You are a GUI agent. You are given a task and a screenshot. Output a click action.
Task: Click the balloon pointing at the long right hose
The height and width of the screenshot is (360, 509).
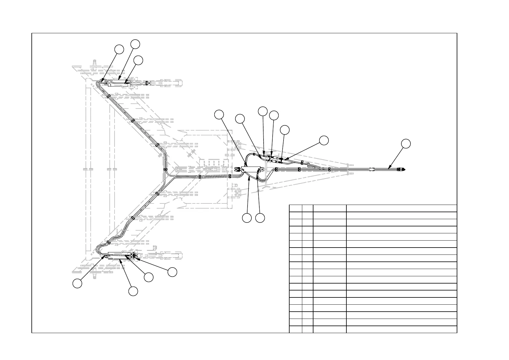(406, 144)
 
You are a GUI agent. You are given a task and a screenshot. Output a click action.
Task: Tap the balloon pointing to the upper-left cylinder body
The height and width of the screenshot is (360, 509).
(135, 44)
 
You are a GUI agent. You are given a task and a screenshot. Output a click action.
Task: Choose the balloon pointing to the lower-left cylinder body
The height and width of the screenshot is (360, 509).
(133, 291)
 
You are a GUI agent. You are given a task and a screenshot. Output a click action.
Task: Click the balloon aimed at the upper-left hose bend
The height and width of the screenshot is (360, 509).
(119, 50)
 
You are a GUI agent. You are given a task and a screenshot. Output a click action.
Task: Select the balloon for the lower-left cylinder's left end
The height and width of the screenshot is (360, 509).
(77, 284)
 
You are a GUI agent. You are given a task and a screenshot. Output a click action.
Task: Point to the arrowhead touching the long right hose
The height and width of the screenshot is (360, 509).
(389, 167)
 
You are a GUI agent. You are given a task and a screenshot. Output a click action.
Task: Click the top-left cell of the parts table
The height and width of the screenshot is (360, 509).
(295, 208)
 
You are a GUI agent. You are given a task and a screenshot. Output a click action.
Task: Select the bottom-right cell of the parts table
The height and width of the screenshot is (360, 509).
(401, 329)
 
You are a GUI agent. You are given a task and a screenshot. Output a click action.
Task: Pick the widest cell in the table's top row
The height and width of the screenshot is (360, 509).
(401, 208)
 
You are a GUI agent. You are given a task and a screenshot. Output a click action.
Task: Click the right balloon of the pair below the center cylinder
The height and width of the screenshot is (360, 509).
(260, 218)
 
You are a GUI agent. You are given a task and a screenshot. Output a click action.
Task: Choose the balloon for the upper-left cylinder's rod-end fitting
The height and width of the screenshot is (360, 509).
(138, 60)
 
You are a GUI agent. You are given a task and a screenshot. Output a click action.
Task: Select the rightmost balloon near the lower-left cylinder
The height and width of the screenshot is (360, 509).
(172, 271)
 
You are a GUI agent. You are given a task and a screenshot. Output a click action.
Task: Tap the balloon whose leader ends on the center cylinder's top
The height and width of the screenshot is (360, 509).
(219, 114)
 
